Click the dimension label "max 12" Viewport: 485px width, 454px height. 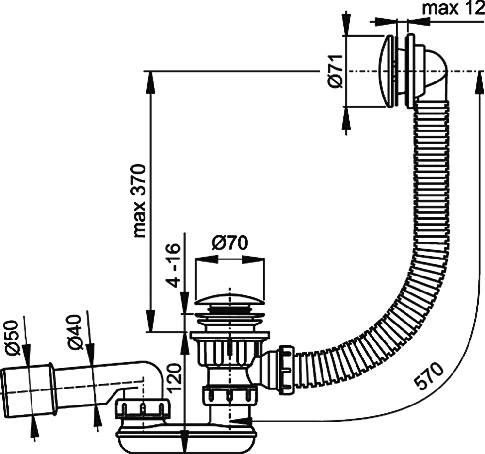point(453,9)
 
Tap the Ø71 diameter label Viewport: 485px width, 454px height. point(335,71)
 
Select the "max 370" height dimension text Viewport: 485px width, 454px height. point(140,201)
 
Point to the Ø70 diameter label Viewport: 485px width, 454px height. point(229,242)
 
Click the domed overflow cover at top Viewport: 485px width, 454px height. point(388,71)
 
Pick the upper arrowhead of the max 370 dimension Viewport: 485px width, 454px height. point(150,80)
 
